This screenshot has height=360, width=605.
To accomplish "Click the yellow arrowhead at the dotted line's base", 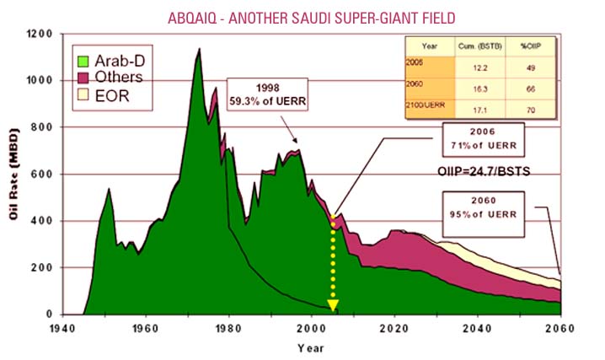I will coord(333,304).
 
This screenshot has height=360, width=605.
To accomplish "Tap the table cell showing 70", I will coord(530,107).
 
